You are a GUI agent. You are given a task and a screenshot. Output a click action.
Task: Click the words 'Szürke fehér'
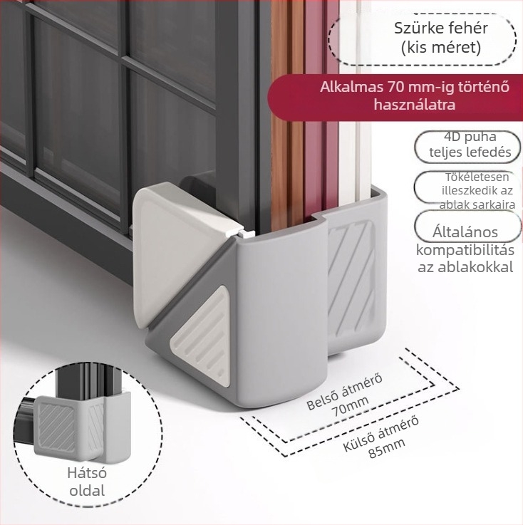pos(440,28)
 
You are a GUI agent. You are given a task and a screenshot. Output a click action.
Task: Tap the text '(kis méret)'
pos(441,47)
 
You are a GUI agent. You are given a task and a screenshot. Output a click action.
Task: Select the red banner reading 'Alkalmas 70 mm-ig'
pos(395,97)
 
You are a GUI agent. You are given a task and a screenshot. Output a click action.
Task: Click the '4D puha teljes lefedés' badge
pos(467,147)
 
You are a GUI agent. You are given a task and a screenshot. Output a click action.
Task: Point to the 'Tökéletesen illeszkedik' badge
pos(467,189)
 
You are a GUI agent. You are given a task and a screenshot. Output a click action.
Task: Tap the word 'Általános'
pos(465,232)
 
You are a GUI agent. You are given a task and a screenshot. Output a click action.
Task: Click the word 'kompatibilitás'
pos(465,250)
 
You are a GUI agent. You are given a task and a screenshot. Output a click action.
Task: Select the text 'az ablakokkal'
pos(465,267)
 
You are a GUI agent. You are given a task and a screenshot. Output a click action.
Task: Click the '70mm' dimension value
pos(350,406)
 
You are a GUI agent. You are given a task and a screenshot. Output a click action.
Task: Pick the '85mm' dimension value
pos(387,447)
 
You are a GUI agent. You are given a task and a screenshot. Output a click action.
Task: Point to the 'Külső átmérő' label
pos(380,433)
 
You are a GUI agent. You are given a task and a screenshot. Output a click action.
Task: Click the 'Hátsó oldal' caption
pos(87,482)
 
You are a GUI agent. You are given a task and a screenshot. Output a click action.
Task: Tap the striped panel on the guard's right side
pos(351,279)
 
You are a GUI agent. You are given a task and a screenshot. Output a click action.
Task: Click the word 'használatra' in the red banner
pos(415,105)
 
